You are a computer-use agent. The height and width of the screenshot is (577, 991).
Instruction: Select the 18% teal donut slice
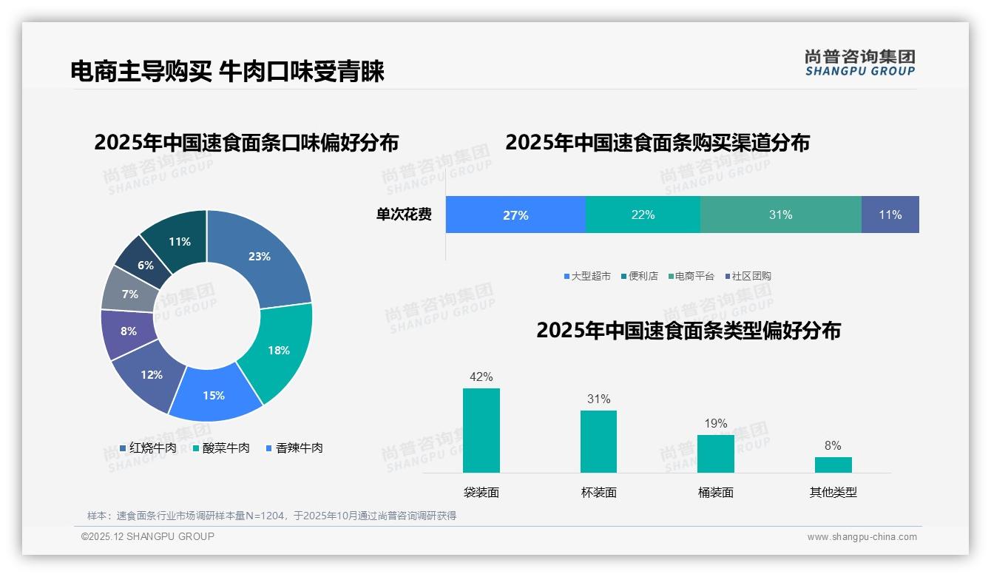coord(278,350)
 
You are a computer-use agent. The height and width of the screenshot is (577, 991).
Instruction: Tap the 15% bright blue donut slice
coord(214,395)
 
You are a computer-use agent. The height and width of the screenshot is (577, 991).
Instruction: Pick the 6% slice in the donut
coord(146,265)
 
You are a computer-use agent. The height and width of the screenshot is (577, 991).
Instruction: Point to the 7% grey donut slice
coord(130,294)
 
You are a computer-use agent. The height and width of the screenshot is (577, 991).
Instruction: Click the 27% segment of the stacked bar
coord(515,215)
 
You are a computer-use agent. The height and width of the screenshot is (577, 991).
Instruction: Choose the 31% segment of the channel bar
coord(780,215)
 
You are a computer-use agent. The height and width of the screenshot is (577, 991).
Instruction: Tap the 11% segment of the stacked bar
coord(890,215)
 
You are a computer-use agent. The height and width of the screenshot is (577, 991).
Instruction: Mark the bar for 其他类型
coord(833,465)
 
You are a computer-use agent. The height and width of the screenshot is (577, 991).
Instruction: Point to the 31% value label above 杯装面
coord(598,399)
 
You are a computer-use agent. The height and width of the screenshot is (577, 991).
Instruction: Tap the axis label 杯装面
coord(598,493)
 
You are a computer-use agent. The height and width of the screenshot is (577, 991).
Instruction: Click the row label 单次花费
coord(404,215)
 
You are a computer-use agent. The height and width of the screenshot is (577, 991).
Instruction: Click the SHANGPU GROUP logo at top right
coord(860,63)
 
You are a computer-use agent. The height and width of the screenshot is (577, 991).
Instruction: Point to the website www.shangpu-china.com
coord(862,537)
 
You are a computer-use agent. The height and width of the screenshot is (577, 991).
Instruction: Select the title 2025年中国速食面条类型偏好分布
coord(689,331)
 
